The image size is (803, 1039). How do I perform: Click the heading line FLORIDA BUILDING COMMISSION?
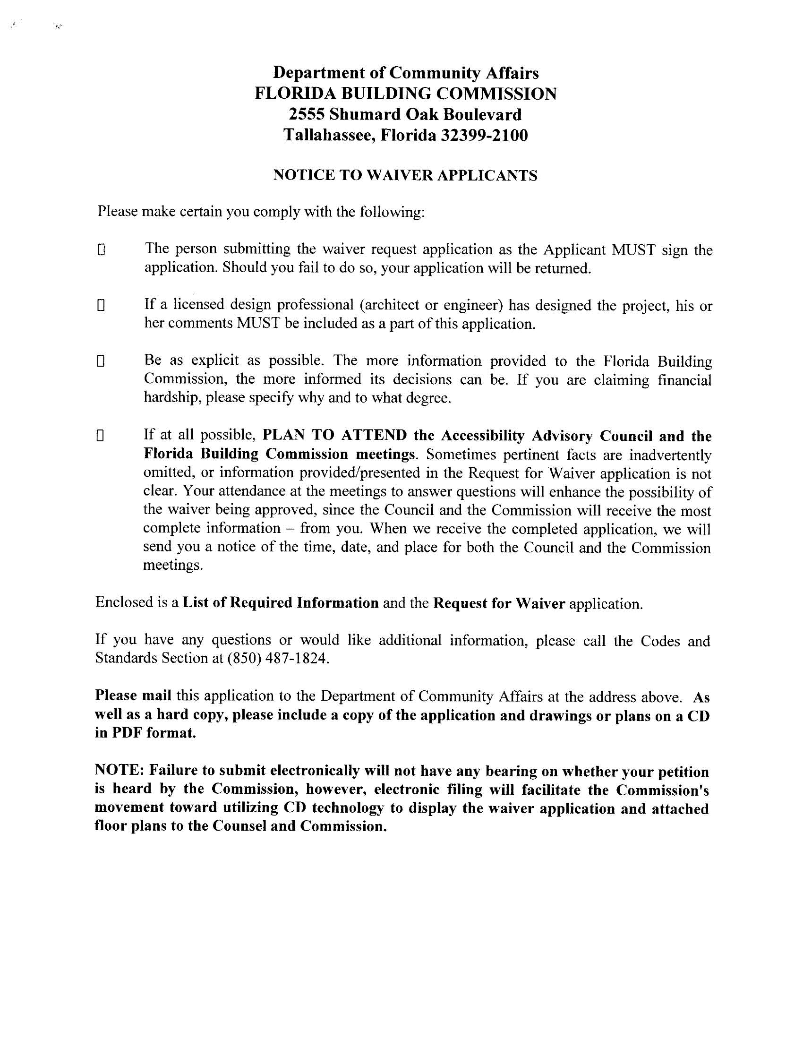405,94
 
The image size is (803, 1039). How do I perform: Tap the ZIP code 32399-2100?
484,136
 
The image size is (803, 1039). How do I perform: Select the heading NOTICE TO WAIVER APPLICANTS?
405,176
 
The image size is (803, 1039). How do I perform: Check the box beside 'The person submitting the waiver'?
101,250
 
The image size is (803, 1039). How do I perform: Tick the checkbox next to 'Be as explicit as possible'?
101,361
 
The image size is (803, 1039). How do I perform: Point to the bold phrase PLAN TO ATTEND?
335,435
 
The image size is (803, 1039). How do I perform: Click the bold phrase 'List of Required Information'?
281,603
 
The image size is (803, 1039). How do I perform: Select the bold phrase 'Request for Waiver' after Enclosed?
499,603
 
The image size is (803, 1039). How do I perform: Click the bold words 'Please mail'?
133,696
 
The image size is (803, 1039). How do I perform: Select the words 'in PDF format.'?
145,733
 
